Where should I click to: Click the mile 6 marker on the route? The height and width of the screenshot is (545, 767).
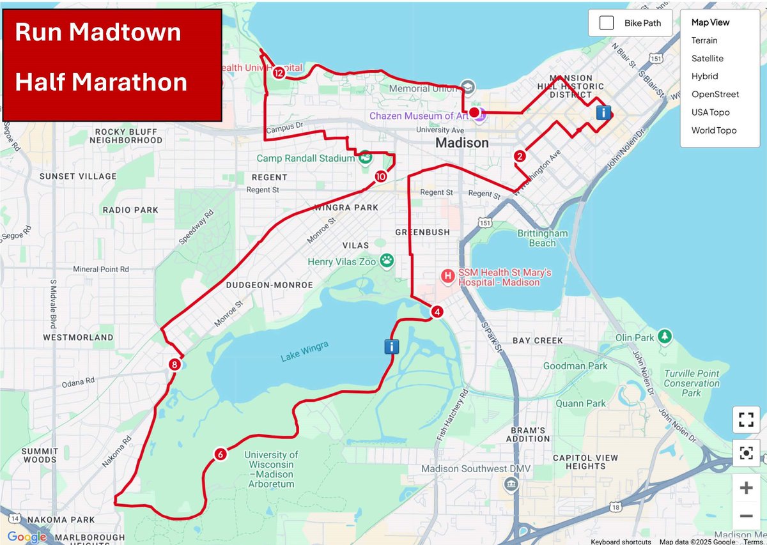click(221, 454)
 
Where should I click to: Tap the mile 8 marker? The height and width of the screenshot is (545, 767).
click(174, 365)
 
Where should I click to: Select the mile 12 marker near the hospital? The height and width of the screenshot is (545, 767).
click(279, 73)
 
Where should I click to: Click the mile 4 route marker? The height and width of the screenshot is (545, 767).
click(437, 312)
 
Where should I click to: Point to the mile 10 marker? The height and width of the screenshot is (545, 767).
click(381, 176)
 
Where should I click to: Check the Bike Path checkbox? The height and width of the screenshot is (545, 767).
click(607, 24)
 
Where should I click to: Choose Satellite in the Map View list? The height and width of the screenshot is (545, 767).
click(707, 58)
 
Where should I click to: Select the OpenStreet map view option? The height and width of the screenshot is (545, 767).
click(715, 94)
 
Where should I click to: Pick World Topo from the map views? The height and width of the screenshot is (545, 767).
click(713, 130)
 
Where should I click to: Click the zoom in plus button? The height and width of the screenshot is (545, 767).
click(746, 489)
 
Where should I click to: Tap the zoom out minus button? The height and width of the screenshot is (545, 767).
click(746, 516)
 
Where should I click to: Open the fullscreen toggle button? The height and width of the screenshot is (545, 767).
click(746, 420)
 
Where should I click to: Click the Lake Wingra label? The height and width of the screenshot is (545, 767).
click(304, 351)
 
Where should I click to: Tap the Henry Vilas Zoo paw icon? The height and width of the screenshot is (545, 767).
click(387, 260)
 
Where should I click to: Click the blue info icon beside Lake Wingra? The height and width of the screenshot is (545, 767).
click(392, 346)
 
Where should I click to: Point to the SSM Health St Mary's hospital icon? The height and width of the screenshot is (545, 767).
click(449, 276)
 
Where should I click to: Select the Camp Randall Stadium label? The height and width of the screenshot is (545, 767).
click(305, 158)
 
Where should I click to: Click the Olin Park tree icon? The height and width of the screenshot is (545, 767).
click(665, 335)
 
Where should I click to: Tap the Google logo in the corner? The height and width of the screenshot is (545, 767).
click(26, 537)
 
